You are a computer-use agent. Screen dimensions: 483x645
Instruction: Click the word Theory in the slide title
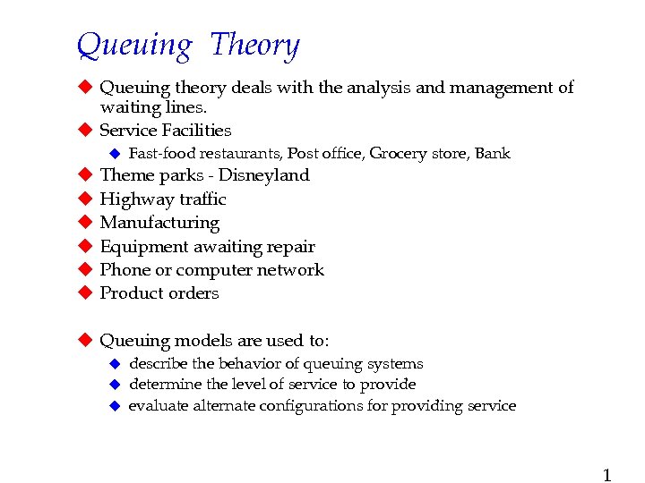[x=254, y=45]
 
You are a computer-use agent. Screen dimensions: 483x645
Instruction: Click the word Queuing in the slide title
[x=134, y=45]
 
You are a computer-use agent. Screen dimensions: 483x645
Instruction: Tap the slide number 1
[x=606, y=475]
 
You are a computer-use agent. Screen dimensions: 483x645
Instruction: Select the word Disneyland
[x=264, y=175]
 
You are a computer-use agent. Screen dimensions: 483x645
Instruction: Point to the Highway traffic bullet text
[x=162, y=199]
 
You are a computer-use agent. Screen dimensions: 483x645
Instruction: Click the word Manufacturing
[x=159, y=223]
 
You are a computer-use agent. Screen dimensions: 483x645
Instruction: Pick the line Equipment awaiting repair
[x=207, y=246]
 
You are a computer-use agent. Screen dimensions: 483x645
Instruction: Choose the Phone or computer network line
[x=211, y=269]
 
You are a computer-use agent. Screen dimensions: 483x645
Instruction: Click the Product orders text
[x=159, y=293]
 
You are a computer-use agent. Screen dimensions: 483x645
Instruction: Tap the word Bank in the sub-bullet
[x=492, y=154]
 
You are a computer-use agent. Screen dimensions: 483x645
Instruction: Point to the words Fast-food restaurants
[x=205, y=154]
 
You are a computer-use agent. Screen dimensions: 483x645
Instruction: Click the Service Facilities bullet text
[x=165, y=131]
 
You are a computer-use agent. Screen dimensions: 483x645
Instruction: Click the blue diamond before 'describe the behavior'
[x=114, y=364]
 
